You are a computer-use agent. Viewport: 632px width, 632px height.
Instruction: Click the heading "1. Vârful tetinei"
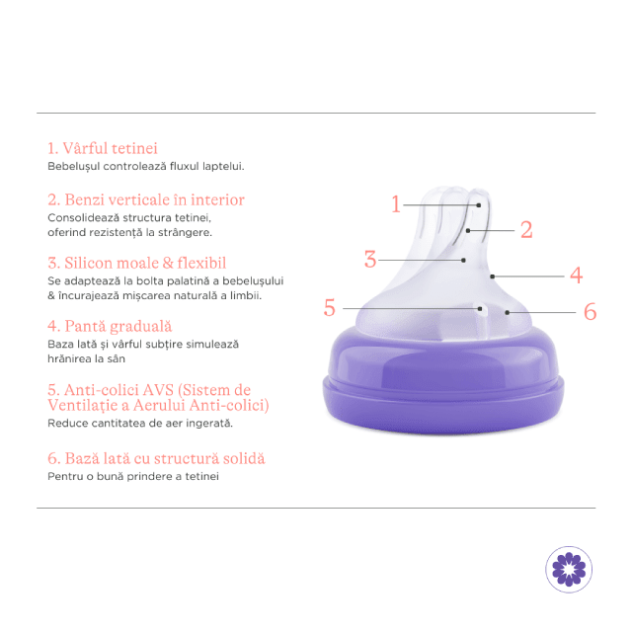103,148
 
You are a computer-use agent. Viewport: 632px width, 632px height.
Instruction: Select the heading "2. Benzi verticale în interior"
146,199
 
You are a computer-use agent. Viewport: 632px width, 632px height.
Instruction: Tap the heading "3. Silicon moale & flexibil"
136,263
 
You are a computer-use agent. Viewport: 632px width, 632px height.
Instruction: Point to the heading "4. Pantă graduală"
110,326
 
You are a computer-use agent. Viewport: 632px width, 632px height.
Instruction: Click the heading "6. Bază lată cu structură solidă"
156,458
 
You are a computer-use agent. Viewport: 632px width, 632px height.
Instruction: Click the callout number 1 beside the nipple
396,204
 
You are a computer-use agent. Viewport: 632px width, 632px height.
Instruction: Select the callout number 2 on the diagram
526,230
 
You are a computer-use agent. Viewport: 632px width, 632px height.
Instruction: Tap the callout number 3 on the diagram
370,259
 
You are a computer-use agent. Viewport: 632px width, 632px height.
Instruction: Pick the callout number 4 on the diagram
577,276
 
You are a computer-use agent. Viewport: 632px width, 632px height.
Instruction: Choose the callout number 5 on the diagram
329,308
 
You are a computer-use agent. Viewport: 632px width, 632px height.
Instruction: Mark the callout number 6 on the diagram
591,312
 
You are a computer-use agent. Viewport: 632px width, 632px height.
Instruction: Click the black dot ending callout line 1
479,205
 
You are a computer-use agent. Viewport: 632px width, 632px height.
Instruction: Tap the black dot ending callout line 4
492,276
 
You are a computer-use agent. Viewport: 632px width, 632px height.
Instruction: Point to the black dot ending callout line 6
507,312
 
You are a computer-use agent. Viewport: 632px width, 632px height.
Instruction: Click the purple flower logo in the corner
569,569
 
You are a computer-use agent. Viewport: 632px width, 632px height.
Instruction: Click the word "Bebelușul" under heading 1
73,167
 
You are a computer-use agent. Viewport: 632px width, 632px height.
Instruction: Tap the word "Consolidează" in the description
83,217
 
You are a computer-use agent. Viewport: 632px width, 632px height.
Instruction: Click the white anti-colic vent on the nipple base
483,321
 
